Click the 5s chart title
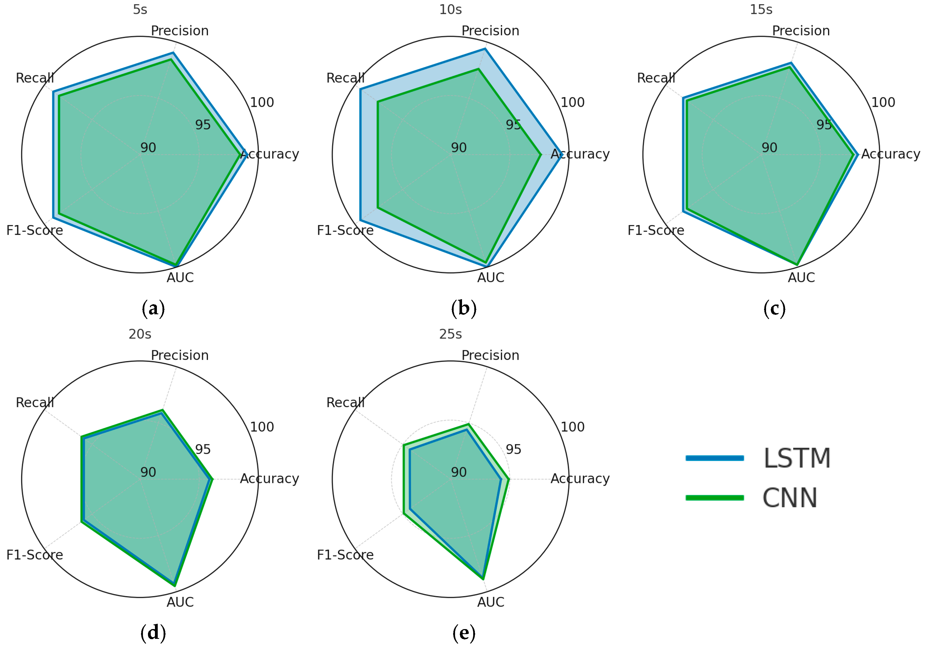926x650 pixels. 140,9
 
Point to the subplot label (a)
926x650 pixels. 153,309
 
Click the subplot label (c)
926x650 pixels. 774,309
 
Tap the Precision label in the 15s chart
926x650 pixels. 801,31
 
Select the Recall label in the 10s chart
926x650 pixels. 345,78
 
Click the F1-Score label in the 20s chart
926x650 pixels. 35,555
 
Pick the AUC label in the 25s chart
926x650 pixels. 490,602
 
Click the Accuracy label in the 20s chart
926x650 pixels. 269,479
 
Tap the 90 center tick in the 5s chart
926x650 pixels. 148,148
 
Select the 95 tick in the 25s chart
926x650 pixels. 513,449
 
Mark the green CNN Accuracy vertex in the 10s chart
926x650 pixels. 541,154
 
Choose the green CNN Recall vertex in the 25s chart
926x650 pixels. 404,445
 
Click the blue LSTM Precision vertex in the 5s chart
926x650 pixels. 173,53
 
